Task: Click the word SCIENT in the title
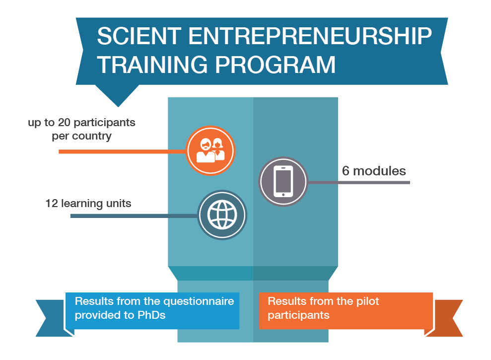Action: click(139, 36)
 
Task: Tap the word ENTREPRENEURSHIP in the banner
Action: click(310, 36)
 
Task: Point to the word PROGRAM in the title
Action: click(275, 65)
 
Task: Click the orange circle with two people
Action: click(210, 151)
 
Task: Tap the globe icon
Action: click(222, 215)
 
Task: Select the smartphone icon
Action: click(283, 181)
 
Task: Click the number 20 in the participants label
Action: click(64, 123)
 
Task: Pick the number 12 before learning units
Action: click(52, 204)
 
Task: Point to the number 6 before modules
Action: click(346, 171)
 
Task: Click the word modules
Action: click(379, 171)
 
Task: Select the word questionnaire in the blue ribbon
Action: click(199, 301)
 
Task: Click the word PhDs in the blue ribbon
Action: click(151, 315)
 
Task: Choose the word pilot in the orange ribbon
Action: click(367, 301)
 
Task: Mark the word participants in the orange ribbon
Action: click(298, 315)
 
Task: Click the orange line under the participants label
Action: click(123, 151)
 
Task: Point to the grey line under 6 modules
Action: click(359, 182)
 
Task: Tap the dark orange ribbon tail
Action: click(445, 318)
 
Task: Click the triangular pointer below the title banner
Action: click(118, 95)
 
